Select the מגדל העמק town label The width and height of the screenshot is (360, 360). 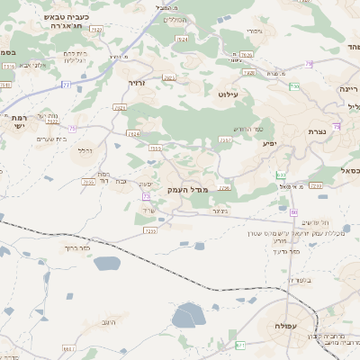pos(187,189)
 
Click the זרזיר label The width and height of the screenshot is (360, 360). pos(137,83)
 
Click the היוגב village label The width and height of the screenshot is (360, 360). pos(109,320)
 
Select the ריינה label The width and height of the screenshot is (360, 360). pos(348,90)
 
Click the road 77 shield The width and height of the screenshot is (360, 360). pos(66,85)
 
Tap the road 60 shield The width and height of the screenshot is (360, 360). pos(293,211)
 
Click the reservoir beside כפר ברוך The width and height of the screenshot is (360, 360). pos(105,264)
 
